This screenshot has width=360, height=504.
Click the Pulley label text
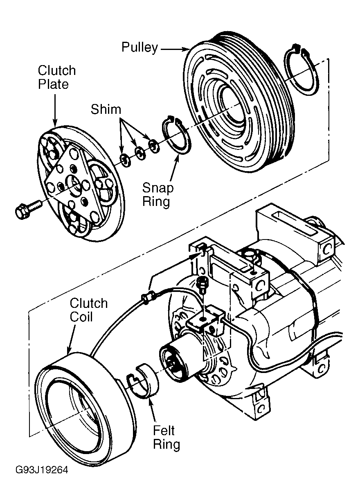(x=139, y=48)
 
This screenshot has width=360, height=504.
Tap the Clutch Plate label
(x=57, y=77)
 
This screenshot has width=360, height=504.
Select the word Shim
(x=106, y=109)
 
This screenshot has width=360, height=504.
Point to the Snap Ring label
(x=158, y=194)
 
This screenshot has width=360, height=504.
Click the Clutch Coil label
(x=89, y=310)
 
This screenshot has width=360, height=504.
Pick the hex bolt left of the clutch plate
(x=29, y=209)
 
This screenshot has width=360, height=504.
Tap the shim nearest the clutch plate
(x=126, y=160)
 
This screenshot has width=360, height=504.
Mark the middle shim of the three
(x=140, y=154)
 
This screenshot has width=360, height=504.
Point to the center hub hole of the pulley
(x=233, y=106)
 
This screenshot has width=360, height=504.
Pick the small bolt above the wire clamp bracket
(x=201, y=285)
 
